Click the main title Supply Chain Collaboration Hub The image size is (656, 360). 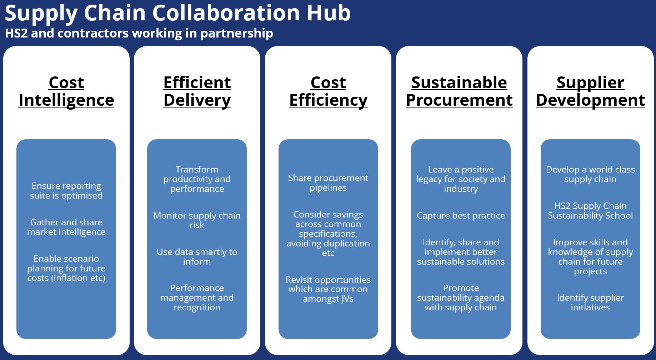click(x=177, y=13)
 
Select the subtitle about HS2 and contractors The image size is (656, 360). click(x=139, y=33)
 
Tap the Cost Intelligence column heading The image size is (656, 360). click(x=66, y=91)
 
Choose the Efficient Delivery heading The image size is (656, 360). click(x=197, y=91)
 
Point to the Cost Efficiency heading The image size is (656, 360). click(x=328, y=91)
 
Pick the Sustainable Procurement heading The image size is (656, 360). click(x=459, y=91)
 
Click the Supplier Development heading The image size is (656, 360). click(x=590, y=91)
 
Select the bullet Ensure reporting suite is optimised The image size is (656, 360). click(x=66, y=191)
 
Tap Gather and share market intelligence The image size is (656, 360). click(x=66, y=227)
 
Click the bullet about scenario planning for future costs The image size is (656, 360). click(x=66, y=268)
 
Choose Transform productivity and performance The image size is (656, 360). click(x=197, y=179)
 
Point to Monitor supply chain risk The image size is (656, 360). click(x=197, y=220)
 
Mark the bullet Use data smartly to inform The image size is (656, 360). click(x=197, y=257)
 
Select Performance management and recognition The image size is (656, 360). click(x=197, y=297)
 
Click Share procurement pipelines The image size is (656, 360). click(x=328, y=183)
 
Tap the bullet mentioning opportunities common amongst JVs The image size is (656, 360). click(x=328, y=289)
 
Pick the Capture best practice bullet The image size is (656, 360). click(x=461, y=216)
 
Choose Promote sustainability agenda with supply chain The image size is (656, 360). click(x=461, y=297)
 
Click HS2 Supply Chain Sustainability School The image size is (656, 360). click(x=590, y=211)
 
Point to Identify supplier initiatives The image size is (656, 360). click(x=590, y=302)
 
